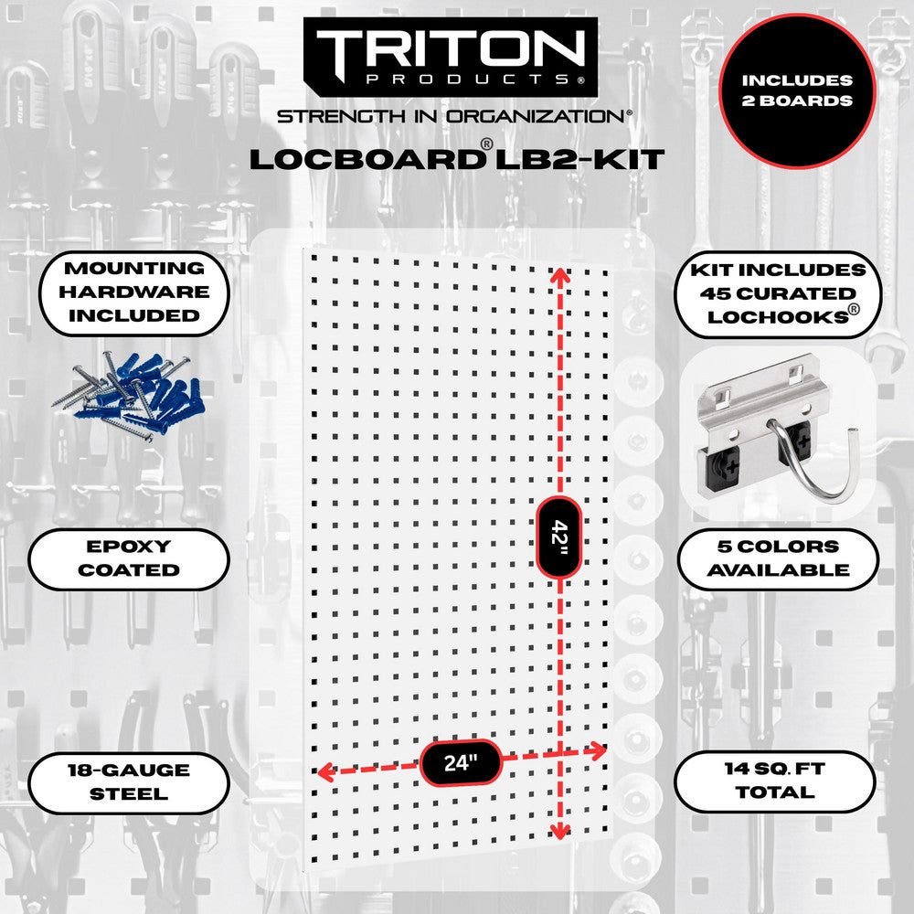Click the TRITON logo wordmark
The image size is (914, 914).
click(452, 46)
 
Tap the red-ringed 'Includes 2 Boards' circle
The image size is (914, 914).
click(797, 90)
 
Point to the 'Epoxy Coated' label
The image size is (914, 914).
click(128, 558)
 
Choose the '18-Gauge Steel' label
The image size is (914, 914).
click(128, 781)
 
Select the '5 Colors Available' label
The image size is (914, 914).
click(779, 558)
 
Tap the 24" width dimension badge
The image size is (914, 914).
click(462, 761)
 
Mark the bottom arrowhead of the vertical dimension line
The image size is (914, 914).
click(559, 831)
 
